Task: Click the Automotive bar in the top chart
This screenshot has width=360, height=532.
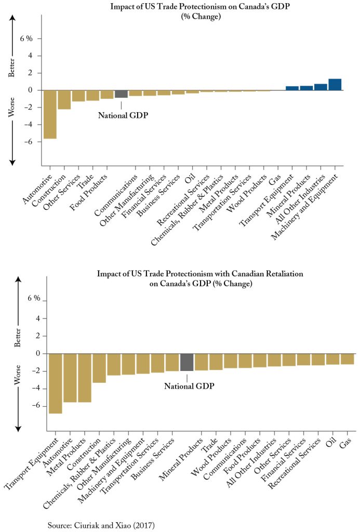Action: click(50, 114)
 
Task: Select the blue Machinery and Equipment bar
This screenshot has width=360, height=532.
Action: click(335, 85)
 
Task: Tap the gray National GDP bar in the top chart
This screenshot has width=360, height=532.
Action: click(121, 94)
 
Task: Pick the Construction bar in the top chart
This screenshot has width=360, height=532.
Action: click(64, 100)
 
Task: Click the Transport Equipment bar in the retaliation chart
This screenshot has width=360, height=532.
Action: click(55, 383)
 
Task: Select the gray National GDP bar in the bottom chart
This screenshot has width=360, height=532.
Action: click(186, 362)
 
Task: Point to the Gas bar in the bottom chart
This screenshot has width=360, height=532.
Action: click(348, 359)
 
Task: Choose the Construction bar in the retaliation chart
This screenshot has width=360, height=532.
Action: click(99, 368)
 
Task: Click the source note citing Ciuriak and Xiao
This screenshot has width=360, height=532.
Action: click(101, 526)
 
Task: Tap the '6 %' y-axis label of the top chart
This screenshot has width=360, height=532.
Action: click(26, 38)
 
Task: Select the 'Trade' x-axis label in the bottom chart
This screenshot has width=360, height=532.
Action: click(210, 445)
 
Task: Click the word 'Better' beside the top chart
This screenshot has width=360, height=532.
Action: click(11, 68)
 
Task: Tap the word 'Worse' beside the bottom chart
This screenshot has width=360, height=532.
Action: click(18, 375)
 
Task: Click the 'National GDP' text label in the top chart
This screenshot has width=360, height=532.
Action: click(123, 115)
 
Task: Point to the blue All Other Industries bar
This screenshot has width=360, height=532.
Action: click(321, 87)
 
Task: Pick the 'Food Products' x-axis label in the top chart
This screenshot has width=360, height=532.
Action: click(89, 192)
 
